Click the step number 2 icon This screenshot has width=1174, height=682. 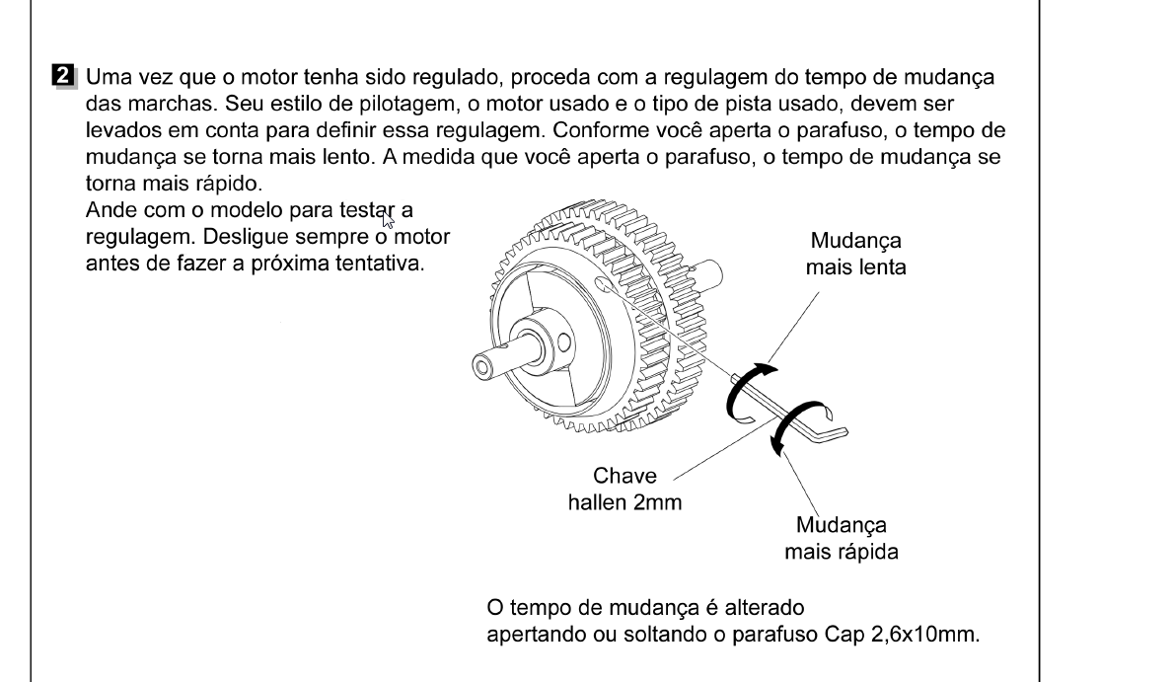coord(64,76)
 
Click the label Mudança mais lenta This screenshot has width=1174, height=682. coord(855,254)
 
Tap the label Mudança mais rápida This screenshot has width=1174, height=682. coord(841,538)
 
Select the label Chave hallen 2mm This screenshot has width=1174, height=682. coord(624,489)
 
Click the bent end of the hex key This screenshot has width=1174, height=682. coord(831,434)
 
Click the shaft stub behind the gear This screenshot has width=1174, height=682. coord(708,272)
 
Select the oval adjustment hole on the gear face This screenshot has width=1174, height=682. coord(603,284)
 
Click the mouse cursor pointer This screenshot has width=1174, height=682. coord(387,219)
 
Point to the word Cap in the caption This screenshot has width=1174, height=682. coord(845,635)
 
